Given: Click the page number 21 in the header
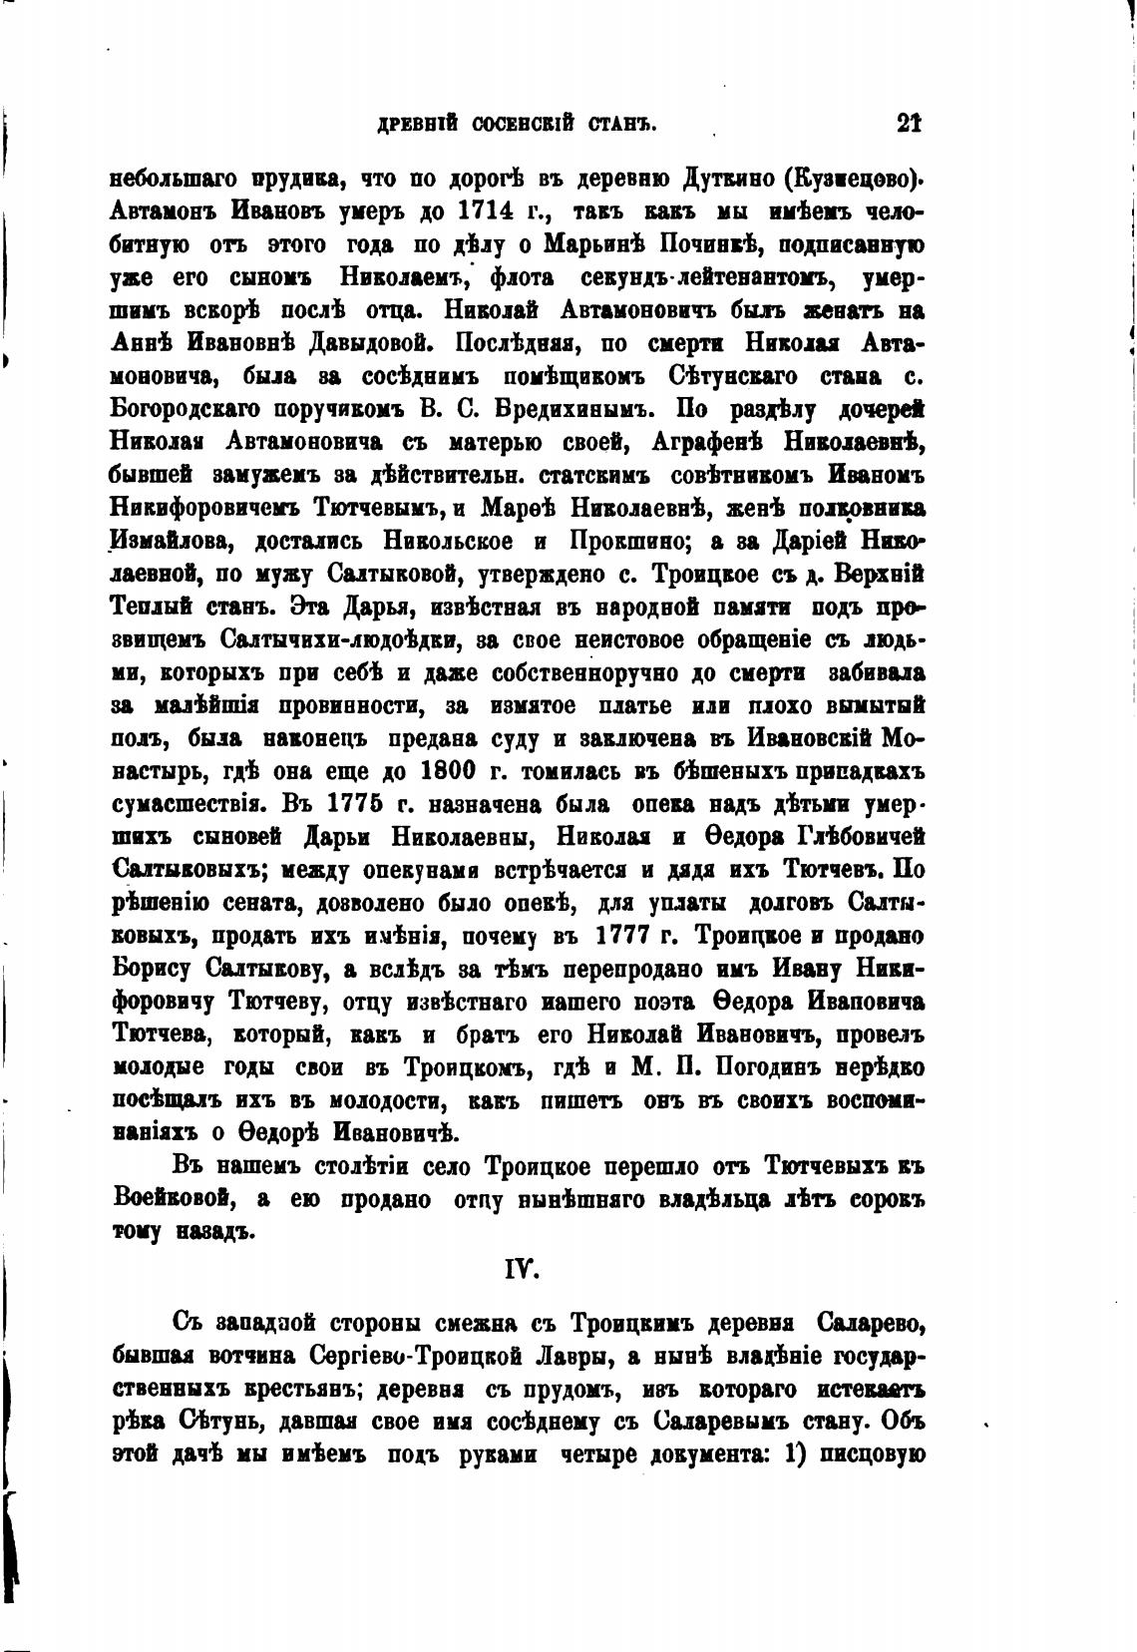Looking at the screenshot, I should (x=909, y=124).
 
